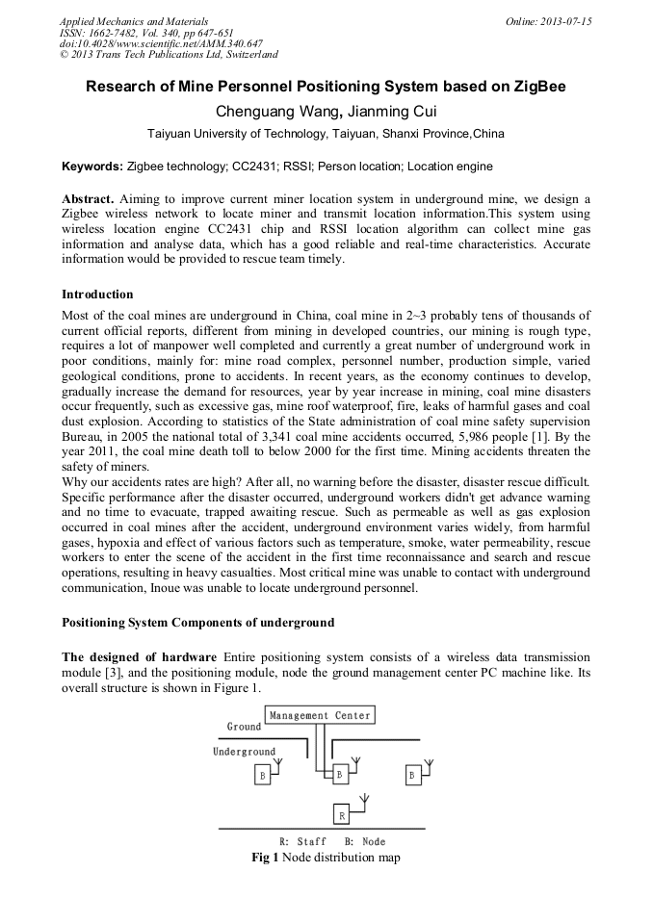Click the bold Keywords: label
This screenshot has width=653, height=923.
click(x=92, y=167)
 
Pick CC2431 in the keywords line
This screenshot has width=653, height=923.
click(x=253, y=167)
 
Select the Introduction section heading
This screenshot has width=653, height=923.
click(x=97, y=294)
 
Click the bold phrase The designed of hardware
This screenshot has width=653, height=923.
click(x=139, y=656)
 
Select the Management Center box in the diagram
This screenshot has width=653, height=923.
click(x=319, y=715)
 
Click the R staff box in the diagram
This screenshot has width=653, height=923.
click(x=341, y=815)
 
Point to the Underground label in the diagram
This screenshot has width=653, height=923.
click(x=244, y=752)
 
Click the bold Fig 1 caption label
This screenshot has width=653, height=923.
click(x=265, y=857)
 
